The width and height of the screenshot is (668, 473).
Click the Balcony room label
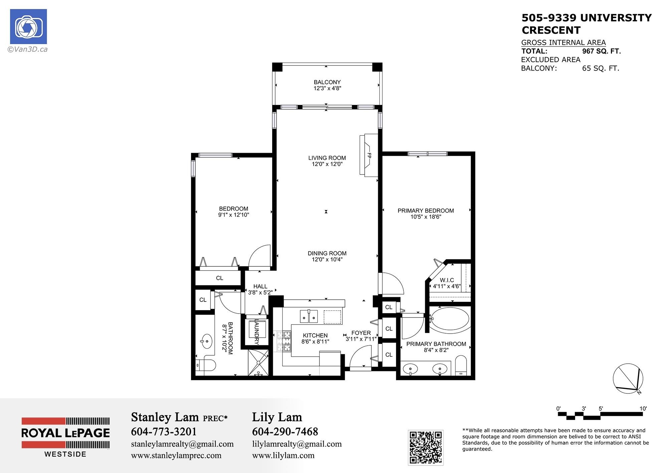(327, 82)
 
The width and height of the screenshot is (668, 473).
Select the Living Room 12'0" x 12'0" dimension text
(327, 164)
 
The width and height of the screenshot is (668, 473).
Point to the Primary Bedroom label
(426, 211)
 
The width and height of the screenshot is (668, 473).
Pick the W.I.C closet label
(447, 280)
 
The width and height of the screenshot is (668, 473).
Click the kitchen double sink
(308, 316)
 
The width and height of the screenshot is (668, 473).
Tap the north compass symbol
(628, 378)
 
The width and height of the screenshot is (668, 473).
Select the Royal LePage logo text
(65, 433)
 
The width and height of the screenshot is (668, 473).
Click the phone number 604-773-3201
(164, 432)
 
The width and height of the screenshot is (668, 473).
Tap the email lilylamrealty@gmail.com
(297, 444)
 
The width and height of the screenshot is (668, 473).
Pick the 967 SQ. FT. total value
(602, 51)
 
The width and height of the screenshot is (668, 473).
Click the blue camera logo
(28, 27)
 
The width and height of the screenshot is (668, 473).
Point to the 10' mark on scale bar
(643, 408)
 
